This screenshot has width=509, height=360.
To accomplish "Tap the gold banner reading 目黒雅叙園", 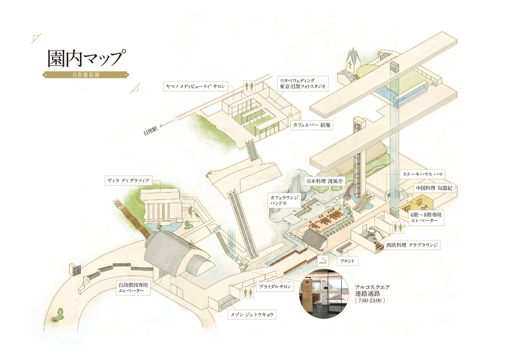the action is coord(86,76).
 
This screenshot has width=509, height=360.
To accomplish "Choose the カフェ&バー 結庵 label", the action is coord(310,126).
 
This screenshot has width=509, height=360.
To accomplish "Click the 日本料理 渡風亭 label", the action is coord(324,181).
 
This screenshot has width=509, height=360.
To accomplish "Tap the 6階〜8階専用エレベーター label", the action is coord(426,218).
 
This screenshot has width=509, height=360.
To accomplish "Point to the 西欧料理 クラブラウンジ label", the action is coord(411,245).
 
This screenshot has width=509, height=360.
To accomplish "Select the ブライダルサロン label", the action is coord(275,287).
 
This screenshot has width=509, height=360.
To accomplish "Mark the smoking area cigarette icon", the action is coord(323,260).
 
